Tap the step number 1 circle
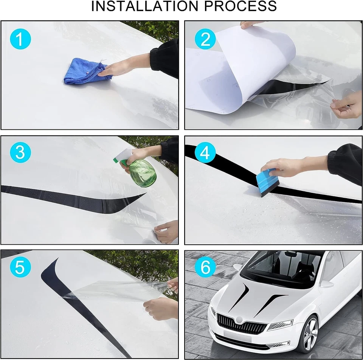[x=20, y=39]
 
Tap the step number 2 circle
[x=205, y=39]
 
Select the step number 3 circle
[x=20, y=152]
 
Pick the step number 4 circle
[x=205, y=152]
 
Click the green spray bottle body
[x=143, y=173]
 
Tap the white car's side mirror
[x=327, y=284]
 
